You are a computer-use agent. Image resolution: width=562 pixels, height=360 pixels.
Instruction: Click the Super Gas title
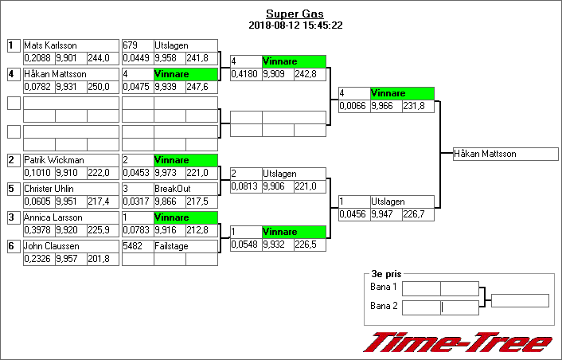pyautogui.click(x=295, y=14)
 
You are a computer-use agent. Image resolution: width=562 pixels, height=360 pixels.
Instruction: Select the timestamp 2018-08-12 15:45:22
pyautogui.click(x=295, y=25)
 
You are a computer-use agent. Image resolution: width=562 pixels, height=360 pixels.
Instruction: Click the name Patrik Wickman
pyautogui.click(x=53, y=160)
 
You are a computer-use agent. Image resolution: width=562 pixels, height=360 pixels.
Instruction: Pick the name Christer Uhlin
pyautogui.click(x=50, y=189)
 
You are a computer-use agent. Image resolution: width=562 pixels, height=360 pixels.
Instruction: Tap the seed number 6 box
pyautogui.click(x=13, y=246)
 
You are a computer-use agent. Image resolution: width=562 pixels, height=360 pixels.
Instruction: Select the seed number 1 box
pyautogui.click(x=13, y=45)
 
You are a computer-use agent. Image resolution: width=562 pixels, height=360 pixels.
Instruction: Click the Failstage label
pyautogui.click(x=170, y=246)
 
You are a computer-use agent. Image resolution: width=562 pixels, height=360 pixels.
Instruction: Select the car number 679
pyautogui.click(x=131, y=45)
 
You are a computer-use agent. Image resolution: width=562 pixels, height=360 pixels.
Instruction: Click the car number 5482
pyautogui.click(x=133, y=246)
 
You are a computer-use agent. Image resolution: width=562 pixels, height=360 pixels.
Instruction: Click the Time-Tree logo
pyautogui.click(x=458, y=342)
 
